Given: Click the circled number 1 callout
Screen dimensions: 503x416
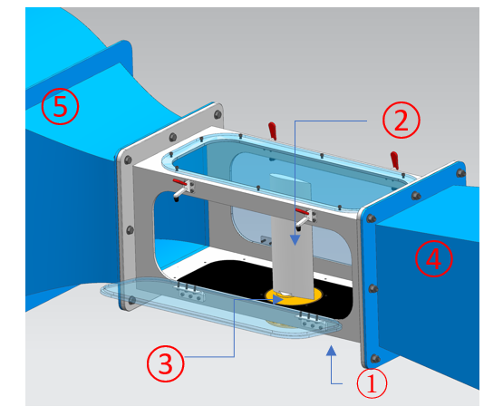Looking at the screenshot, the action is [372, 383].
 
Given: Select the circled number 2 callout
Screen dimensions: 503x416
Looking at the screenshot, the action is [401, 120].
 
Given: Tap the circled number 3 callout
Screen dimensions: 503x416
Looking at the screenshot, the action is [166, 363].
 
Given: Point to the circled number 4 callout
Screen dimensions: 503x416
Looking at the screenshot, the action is [434, 259].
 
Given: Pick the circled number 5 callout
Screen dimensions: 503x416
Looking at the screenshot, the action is [60, 106].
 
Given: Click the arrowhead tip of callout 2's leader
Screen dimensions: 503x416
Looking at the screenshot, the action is [295, 246].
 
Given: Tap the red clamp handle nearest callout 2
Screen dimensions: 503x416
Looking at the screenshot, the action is [394, 160].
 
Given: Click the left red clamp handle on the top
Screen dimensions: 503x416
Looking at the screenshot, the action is [273, 131].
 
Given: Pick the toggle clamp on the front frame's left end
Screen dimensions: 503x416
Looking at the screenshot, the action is [183, 190].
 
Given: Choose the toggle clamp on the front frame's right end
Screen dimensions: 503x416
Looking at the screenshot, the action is [305, 218].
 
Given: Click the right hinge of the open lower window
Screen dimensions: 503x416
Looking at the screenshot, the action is [312, 322].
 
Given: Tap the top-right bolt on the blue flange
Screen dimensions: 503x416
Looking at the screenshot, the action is [461, 173].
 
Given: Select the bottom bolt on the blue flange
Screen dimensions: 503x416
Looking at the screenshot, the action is [374, 359].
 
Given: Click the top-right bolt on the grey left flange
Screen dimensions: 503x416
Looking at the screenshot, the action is [218, 114].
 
